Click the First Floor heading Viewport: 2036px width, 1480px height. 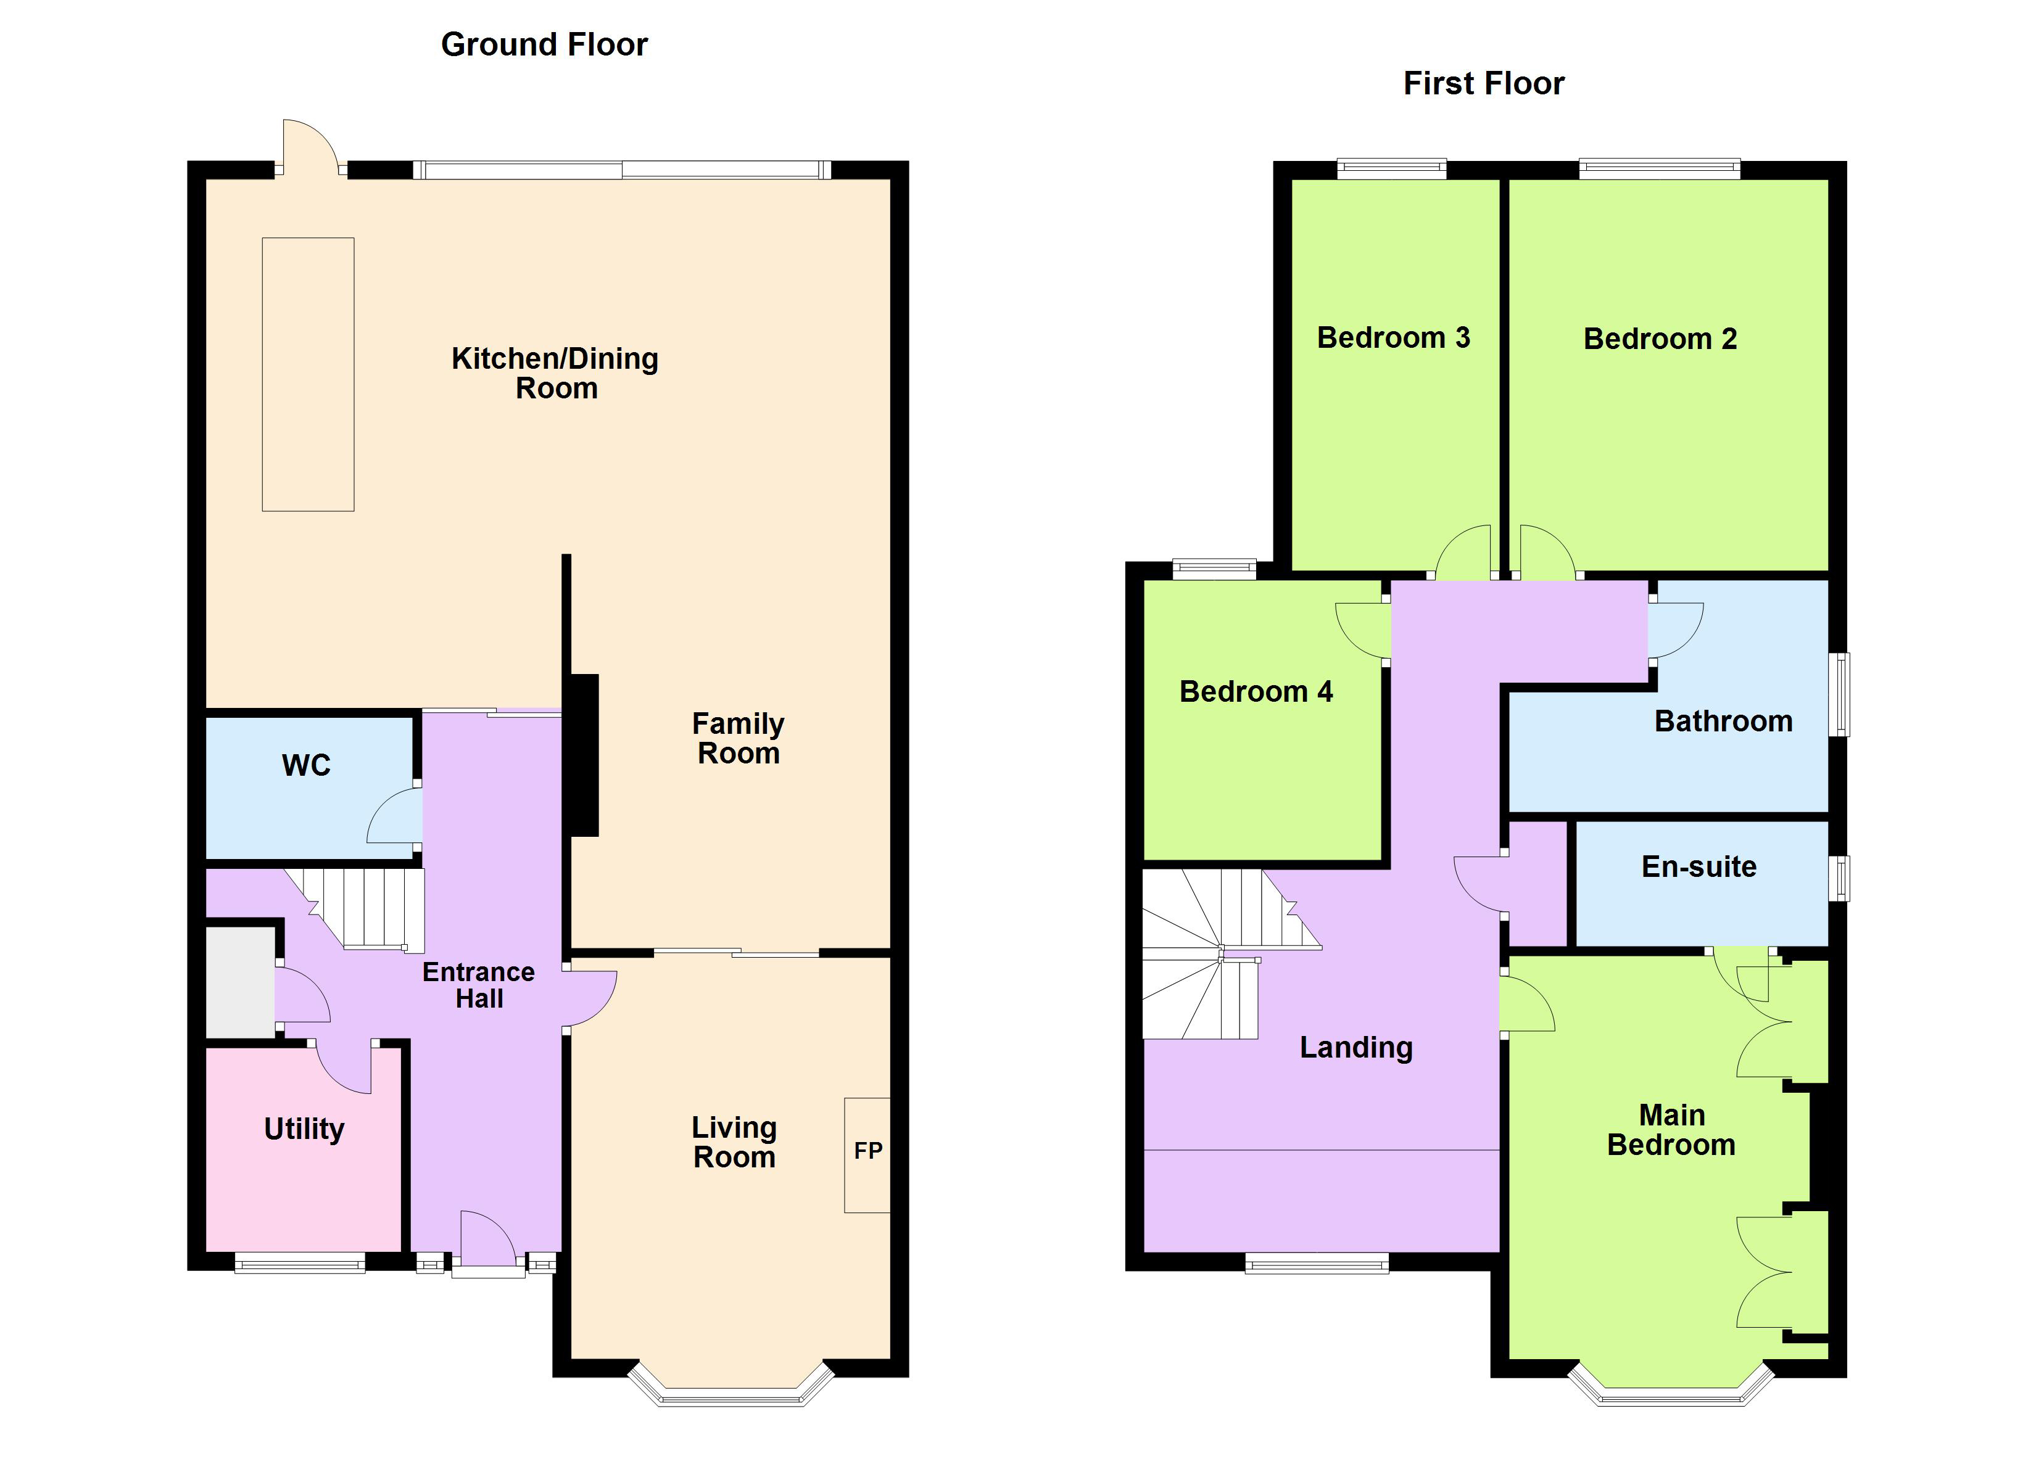(x=1483, y=83)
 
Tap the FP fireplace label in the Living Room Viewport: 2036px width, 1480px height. (x=867, y=1151)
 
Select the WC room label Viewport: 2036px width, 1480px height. (x=306, y=765)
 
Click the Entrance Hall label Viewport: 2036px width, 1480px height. (x=479, y=985)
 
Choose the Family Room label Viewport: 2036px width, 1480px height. (x=738, y=738)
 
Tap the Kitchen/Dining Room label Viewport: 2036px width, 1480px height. (x=555, y=372)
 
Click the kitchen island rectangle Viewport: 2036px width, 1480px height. (x=308, y=374)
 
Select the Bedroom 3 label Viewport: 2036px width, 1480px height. (x=1393, y=337)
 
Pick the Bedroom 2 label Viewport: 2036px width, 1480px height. (x=1660, y=339)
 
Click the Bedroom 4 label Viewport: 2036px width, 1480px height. (x=1256, y=692)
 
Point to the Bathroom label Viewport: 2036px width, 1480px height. (x=1723, y=721)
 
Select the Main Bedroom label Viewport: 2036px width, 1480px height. (x=1671, y=1130)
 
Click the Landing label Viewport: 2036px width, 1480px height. (x=1355, y=1047)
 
